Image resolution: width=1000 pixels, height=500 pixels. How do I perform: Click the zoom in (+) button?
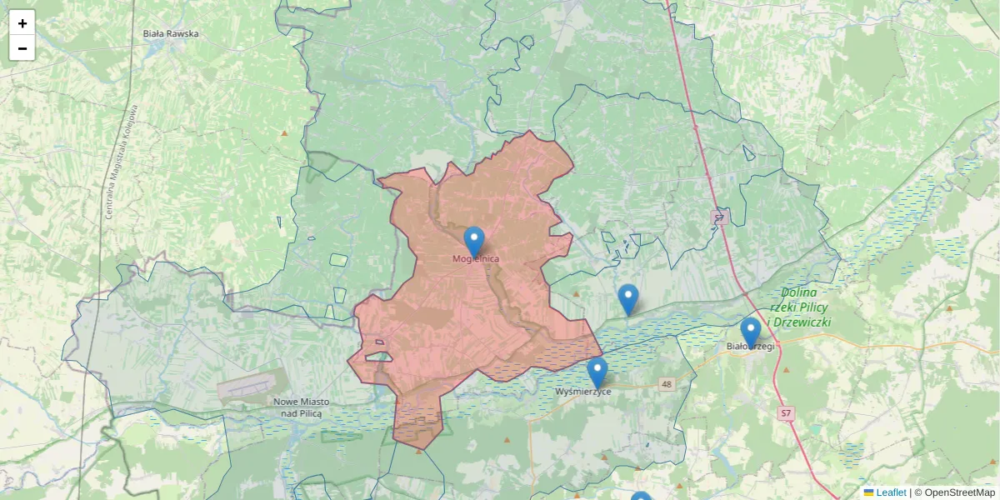click(22, 23)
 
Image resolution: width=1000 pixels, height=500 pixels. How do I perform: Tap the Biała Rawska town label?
click(170, 34)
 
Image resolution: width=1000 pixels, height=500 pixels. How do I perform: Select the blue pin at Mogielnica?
click(473, 241)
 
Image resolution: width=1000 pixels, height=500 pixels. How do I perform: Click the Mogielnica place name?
click(475, 259)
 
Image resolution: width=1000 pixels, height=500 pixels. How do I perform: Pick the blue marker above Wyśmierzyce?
click(597, 372)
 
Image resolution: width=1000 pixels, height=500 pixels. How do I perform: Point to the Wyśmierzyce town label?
click(583, 392)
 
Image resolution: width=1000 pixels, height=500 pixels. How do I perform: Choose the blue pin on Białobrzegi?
click(751, 332)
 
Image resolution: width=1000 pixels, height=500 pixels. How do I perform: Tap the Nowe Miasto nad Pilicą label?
click(301, 407)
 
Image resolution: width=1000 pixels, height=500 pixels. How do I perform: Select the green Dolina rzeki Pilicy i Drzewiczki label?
click(799, 307)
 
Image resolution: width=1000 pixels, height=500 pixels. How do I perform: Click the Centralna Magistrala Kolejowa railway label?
click(121, 162)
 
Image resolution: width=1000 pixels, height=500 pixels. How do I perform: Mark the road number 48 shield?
click(666, 384)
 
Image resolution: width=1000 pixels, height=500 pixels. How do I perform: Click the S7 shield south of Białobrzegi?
click(785, 413)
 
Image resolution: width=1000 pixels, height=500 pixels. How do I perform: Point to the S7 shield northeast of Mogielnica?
click(720, 217)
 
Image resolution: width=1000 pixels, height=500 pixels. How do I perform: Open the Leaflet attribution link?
click(891, 492)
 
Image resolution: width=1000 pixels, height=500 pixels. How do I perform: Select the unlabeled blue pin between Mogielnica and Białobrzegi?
click(627, 298)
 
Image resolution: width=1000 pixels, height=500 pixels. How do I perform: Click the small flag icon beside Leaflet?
click(868, 492)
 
